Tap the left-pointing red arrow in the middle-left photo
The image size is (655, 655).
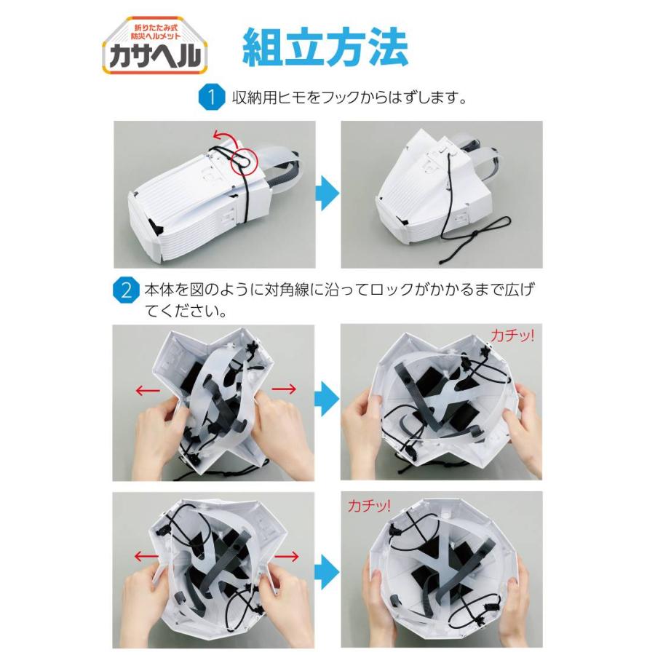coord(149,390)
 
